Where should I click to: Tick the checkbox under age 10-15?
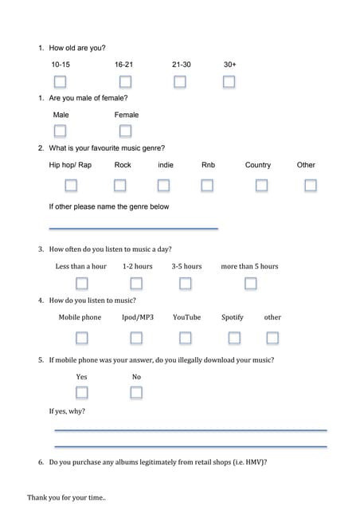(60, 81)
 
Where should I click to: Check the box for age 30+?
(229, 81)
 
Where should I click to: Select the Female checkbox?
(125, 131)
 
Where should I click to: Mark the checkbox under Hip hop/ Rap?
(71, 185)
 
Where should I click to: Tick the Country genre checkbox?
(261, 185)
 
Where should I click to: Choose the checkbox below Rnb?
(207, 185)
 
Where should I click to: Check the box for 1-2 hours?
(136, 283)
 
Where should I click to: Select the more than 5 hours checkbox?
(250, 283)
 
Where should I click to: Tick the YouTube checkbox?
(186, 337)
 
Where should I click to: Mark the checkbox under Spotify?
(234, 337)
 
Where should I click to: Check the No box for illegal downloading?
(136, 392)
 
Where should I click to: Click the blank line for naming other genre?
(133, 228)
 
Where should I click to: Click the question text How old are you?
(77, 48)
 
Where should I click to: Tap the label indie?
(166, 165)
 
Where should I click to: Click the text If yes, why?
(67, 411)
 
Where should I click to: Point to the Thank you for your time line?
(66, 497)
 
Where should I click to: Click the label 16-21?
(123, 64)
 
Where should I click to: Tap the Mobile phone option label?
(80, 317)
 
